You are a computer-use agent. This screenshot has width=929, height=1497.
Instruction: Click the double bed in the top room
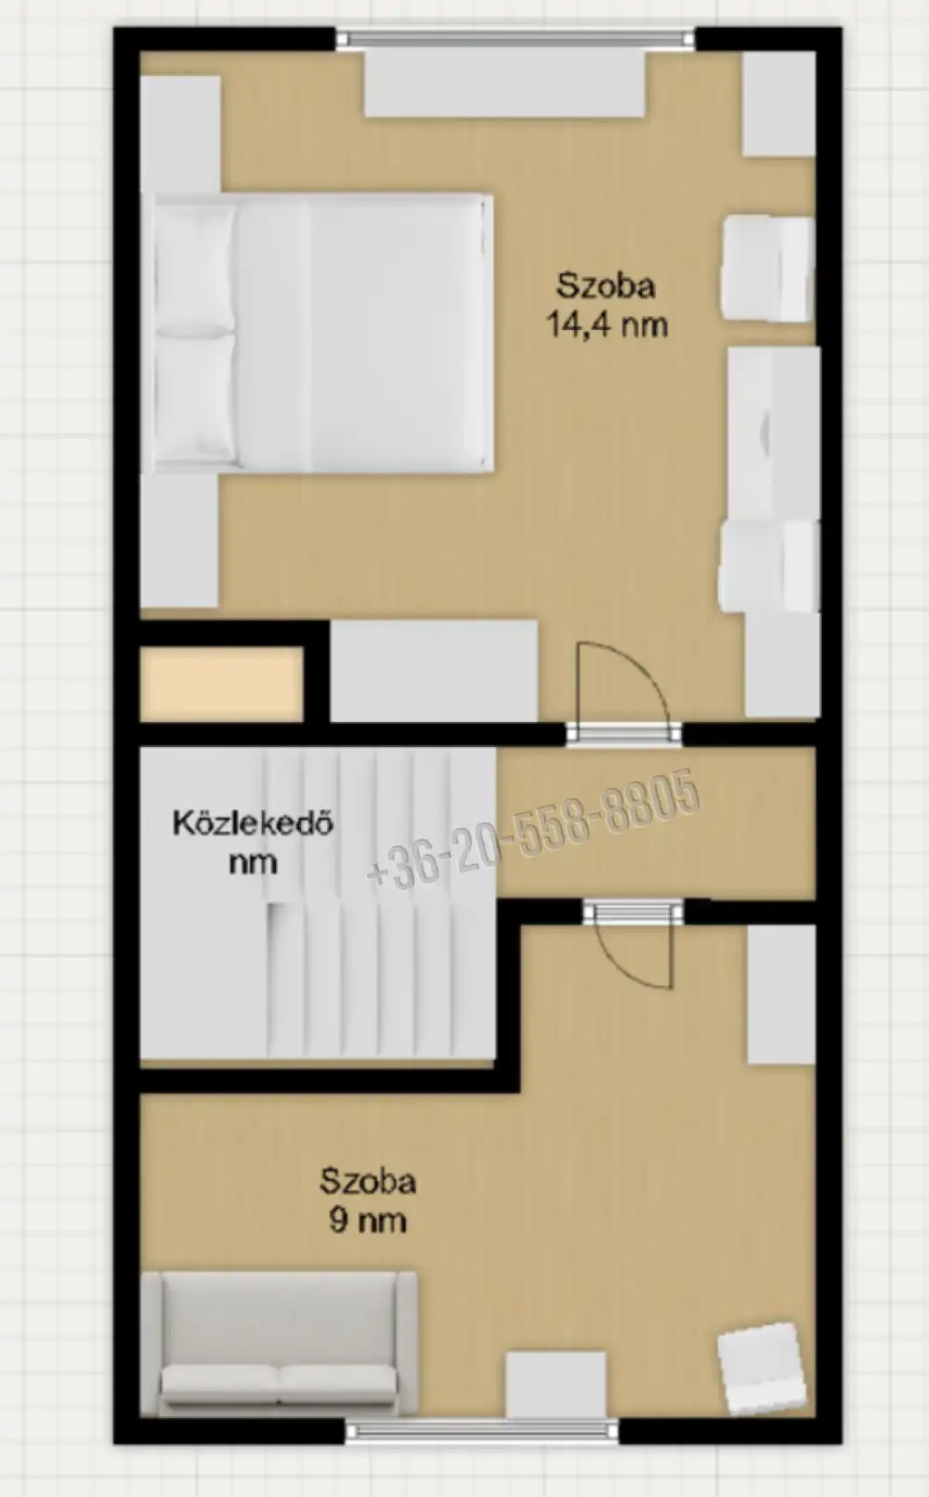tap(323, 334)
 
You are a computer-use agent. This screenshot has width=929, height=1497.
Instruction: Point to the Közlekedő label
tap(253, 822)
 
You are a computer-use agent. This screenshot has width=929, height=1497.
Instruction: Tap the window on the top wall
tap(516, 39)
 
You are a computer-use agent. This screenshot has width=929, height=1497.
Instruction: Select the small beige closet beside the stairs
tap(221, 684)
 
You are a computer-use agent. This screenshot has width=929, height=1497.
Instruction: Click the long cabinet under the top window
tap(504, 85)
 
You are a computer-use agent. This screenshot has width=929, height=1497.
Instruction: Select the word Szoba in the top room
tap(607, 286)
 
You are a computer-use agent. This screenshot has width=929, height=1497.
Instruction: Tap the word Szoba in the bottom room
tap(368, 1182)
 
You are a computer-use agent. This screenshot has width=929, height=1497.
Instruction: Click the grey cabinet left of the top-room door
tap(435, 671)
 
